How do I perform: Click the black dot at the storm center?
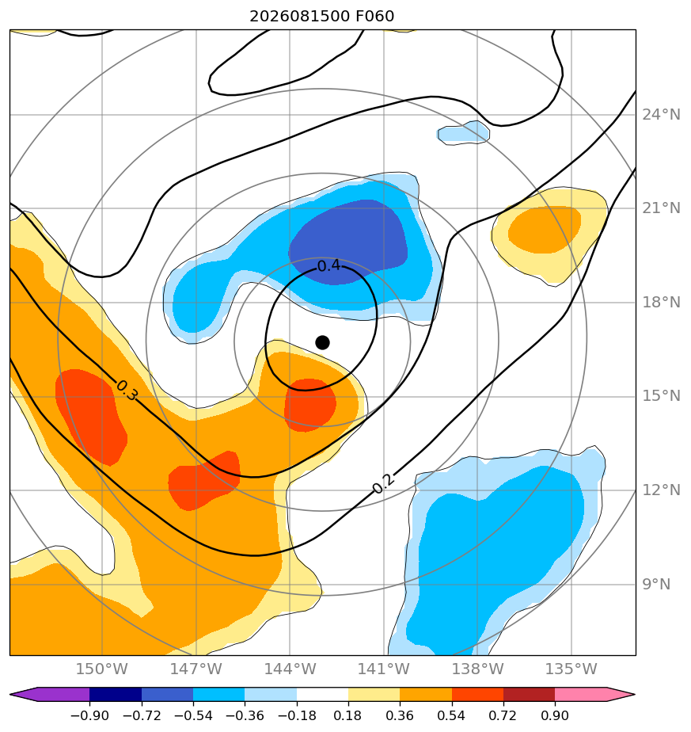pyautogui.click(x=322, y=343)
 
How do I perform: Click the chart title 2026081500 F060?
pyautogui.click(x=322, y=17)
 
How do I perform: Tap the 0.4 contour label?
pyautogui.click(x=328, y=266)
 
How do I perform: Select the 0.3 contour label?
pyautogui.click(x=127, y=391)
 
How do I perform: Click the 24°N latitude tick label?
pyautogui.click(x=661, y=115)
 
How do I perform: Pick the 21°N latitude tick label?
pyautogui.click(x=661, y=208)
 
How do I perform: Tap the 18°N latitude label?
pyautogui.click(x=661, y=303)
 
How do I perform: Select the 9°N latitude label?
pyautogui.click(x=656, y=585)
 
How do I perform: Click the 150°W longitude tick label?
pyautogui.click(x=102, y=669)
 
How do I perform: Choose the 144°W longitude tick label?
pyautogui.click(x=290, y=669)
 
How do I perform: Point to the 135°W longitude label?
pyautogui.click(x=571, y=669)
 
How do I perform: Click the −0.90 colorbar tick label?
pyautogui.click(x=89, y=715)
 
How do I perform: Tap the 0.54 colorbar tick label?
pyautogui.click(x=452, y=715)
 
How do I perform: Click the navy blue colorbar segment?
pyautogui.click(x=116, y=695)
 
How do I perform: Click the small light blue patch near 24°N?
pyautogui.click(x=463, y=133)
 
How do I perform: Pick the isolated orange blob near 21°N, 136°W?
pyautogui.click(x=545, y=230)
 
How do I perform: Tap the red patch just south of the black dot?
pyautogui.click(x=309, y=404)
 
